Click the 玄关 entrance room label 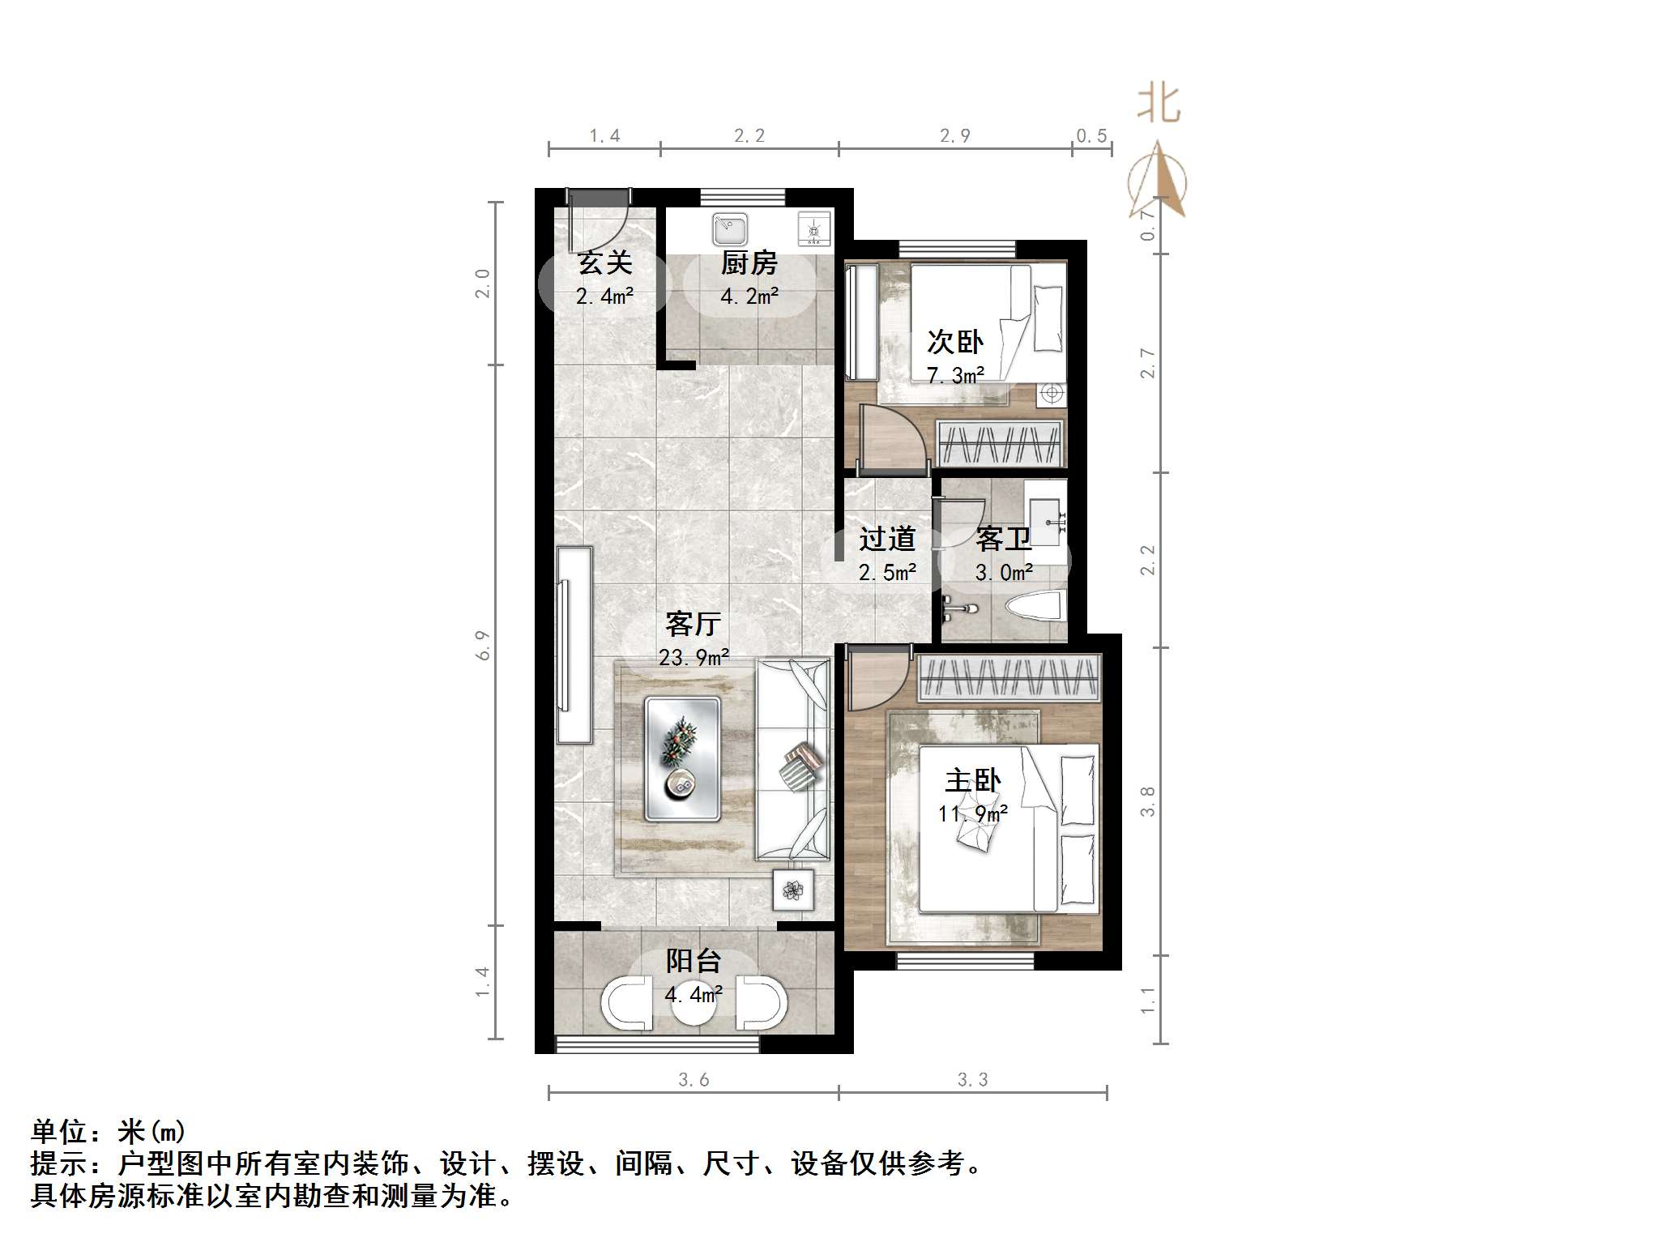(x=604, y=263)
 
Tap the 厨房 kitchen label (x=749, y=263)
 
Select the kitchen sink (x=730, y=229)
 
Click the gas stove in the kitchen (x=813, y=228)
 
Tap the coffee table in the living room (x=682, y=758)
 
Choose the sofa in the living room (x=793, y=759)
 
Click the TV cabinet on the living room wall (x=574, y=645)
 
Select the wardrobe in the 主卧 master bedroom (x=1009, y=677)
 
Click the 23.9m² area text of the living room (x=694, y=657)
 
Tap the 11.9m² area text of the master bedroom (x=972, y=813)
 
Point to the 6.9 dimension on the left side (x=484, y=645)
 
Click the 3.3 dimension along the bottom (x=972, y=1079)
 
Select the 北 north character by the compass (x=1159, y=104)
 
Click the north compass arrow (x=1159, y=182)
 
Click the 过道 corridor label (x=887, y=539)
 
